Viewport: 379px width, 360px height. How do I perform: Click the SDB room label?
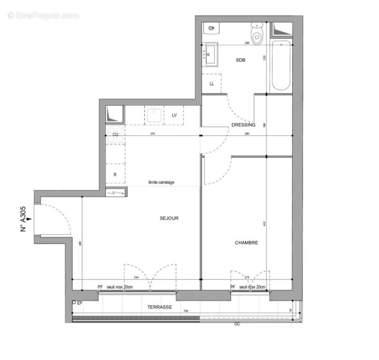tap(240, 60)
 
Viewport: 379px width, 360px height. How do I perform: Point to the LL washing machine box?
tap(212, 84)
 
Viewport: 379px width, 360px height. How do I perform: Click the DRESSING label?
tap(243, 125)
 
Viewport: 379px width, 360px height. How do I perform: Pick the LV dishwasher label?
tap(174, 115)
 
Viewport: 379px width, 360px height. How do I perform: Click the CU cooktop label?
tap(115, 134)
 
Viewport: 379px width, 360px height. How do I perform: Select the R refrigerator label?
tap(115, 175)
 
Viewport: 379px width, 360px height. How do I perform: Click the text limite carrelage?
tap(161, 182)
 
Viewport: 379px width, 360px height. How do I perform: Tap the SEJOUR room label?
tap(169, 218)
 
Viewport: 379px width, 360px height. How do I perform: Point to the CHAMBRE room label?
tap(246, 243)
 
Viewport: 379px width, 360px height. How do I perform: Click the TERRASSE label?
tap(159, 307)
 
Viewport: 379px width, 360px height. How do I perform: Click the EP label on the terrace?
tap(80, 303)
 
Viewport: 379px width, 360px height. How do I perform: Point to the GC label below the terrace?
tap(237, 324)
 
